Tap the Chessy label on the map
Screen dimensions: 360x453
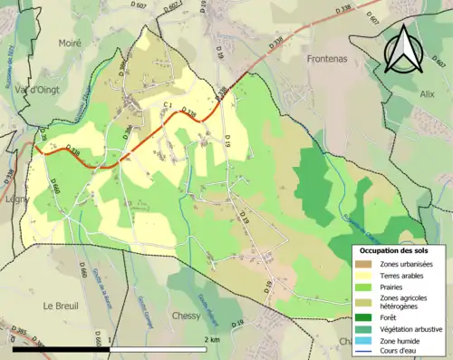click(186, 316)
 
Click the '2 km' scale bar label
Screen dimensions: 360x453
click(212, 339)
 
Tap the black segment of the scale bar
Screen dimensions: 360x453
click(59, 349)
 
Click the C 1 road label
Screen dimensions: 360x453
click(167, 106)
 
